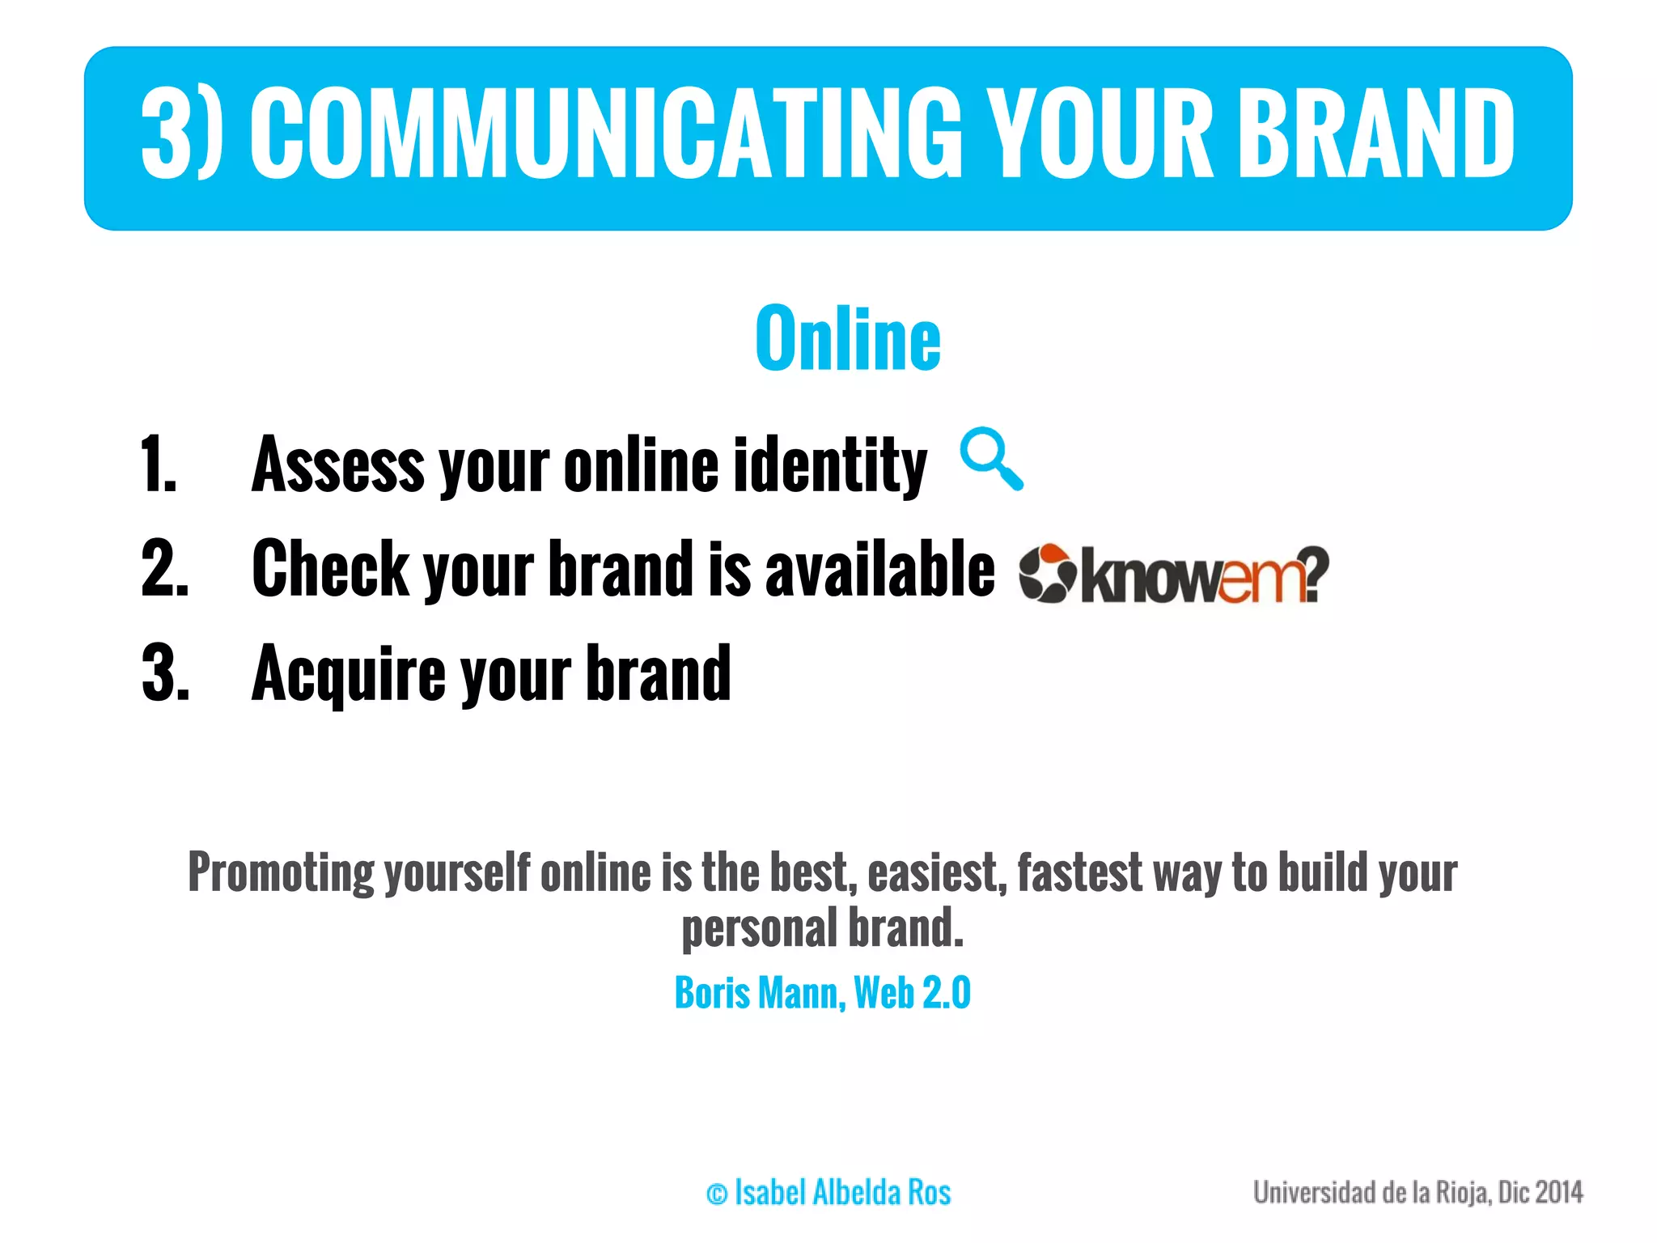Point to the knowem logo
tap(1173, 573)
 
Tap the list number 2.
tap(165, 569)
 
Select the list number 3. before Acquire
tap(165, 673)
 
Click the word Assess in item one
tap(337, 465)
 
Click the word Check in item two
tap(330, 569)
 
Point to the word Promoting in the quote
tap(280, 874)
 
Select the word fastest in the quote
tap(1079, 872)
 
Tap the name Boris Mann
tap(760, 993)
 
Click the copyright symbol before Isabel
tap(716, 1194)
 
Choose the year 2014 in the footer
tap(1558, 1193)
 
